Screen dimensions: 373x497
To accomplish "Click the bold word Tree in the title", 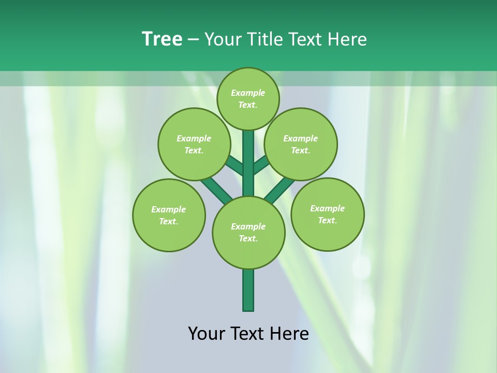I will [x=162, y=39].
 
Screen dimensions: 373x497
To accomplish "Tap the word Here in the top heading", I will [x=348, y=39].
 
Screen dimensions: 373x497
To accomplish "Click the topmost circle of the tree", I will [x=248, y=98].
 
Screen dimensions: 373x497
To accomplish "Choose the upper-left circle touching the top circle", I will [x=194, y=144].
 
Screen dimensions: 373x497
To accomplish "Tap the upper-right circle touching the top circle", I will [x=301, y=144].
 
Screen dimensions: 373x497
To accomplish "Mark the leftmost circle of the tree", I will [x=169, y=215].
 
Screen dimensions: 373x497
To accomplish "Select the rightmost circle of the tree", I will [x=327, y=214].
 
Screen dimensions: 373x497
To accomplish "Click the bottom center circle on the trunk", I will [x=248, y=232].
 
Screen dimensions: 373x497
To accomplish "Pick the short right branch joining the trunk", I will [x=261, y=165].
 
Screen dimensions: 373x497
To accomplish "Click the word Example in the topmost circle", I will [x=248, y=93].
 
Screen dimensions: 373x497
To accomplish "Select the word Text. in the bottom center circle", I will [x=248, y=239].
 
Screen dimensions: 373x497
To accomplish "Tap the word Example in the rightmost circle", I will [x=327, y=208].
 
